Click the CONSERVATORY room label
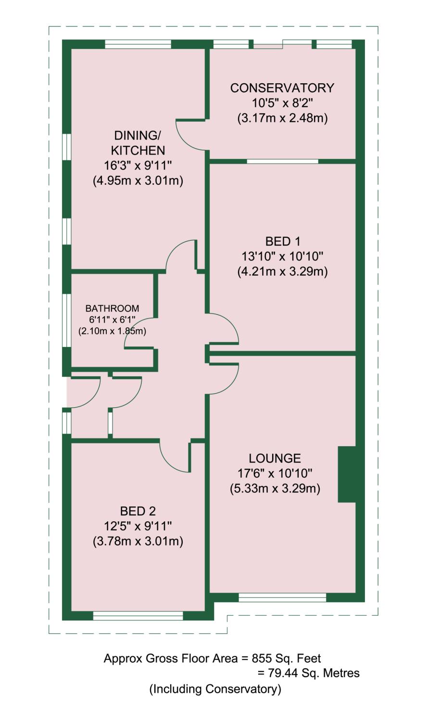[x=282, y=88]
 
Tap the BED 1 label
[x=282, y=241]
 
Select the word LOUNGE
[x=275, y=459]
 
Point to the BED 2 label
[x=138, y=511]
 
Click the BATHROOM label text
[x=112, y=309]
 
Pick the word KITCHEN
[x=138, y=150]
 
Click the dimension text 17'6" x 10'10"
[x=275, y=474]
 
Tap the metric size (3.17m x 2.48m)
[x=282, y=118]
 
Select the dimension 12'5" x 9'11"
[x=138, y=526]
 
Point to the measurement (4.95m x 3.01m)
[x=138, y=181]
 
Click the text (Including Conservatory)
[x=215, y=689]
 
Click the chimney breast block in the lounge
[x=347, y=474]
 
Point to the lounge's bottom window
[x=282, y=598]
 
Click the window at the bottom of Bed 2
[x=138, y=616]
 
